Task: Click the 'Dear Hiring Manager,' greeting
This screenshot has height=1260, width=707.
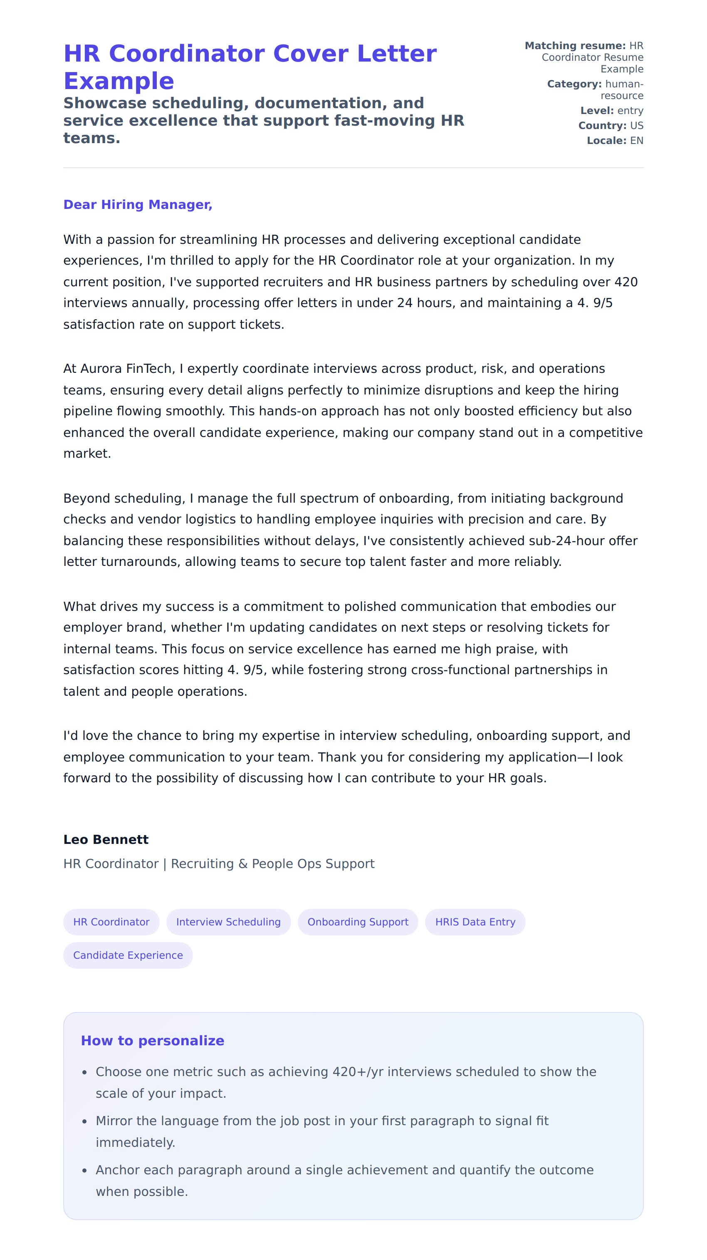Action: [137, 204]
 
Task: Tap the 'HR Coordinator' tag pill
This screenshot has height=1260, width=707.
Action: [111, 922]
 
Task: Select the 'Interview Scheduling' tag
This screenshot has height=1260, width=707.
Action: [228, 922]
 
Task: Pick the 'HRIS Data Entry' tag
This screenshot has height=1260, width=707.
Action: [475, 922]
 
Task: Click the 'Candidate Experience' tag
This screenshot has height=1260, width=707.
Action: [128, 955]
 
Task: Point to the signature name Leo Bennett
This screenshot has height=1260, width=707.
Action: [106, 839]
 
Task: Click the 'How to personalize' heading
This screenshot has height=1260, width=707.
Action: [152, 1040]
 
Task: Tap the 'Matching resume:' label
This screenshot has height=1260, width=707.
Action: [575, 45]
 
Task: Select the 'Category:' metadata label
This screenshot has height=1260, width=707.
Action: [574, 84]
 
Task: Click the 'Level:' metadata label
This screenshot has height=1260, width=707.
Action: [596, 111]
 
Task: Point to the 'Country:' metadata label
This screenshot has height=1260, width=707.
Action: [602, 126]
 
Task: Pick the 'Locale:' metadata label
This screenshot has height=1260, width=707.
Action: [606, 141]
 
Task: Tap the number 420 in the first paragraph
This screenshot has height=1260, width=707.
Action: [626, 282]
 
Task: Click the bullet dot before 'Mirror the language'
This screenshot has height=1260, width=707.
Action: [84, 1121]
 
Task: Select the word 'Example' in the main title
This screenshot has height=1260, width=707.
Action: [119, 81]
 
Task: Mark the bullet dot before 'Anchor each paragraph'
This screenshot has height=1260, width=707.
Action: [84, 1170]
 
